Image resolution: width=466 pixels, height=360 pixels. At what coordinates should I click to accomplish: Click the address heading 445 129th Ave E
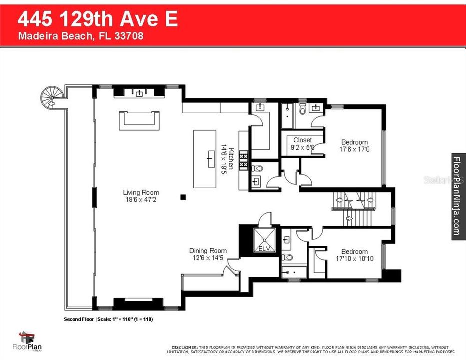pyautogui.click(x=98, y=19)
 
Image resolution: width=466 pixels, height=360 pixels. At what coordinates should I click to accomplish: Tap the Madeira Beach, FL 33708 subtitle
pyautogui.click(x=81, y=36)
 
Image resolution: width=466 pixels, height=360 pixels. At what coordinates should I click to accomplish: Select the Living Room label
pyautogui.click(x=141, y=192)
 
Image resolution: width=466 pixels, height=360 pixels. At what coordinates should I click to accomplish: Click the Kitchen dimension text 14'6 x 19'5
pyautogui.click(x=224, y=159)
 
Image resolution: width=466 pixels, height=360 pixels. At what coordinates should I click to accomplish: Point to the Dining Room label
pyautogui.click(x=208, y=251)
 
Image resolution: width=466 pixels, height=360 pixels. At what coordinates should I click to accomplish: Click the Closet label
pyautogui.click(x=302, y=140)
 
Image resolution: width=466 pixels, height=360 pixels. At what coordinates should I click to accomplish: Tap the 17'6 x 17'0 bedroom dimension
pyautogui.click(x=354, y=149)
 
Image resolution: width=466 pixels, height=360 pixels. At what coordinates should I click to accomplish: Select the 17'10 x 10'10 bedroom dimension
pyautogui.click(x=354, y=258)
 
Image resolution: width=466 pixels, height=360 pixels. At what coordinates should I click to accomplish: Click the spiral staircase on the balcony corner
pyautogui.click(x=51, y=96)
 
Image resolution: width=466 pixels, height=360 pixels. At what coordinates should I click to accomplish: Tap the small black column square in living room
pyautogui.click(x=184, y=197)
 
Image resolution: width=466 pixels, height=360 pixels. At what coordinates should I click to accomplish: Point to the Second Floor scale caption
pyautogui.click(x=108, y=319)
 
